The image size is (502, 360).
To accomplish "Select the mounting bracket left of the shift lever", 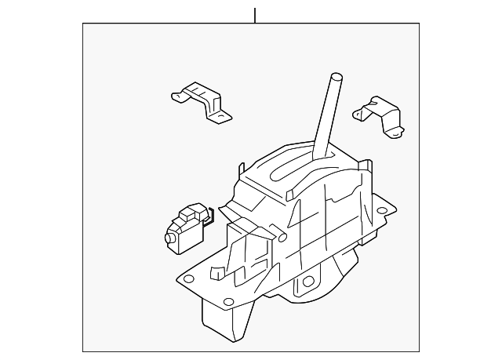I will click(x=202, y=102).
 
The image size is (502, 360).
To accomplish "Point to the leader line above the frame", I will click(x=254, y=15).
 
